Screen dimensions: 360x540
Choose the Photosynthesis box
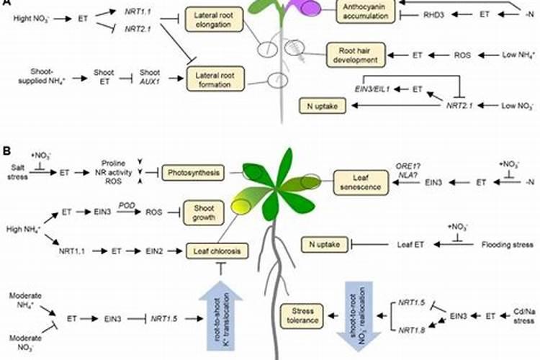point(194,173)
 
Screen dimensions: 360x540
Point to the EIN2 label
point(145,251)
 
